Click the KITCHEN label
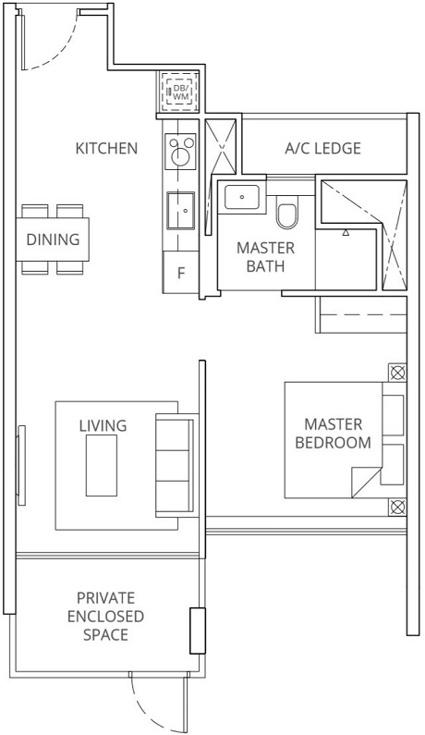(106, 148)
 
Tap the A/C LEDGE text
(322, 148)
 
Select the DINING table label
(53, 239)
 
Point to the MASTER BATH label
(265, 258)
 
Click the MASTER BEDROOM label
(333, 433)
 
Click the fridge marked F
(181, 274)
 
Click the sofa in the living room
(174, 463)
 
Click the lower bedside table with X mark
(396, 507)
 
